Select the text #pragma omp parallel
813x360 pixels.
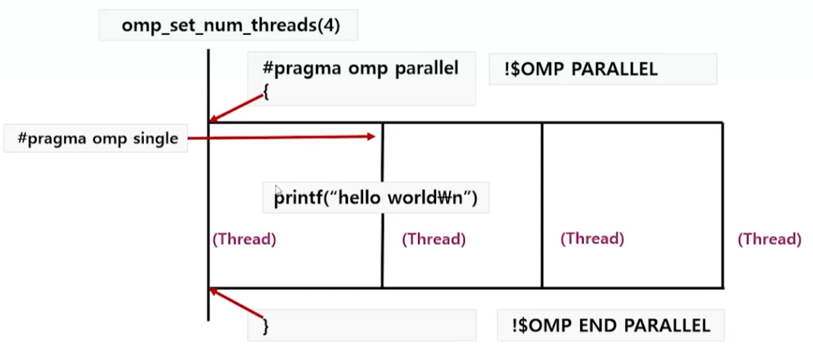(x=360, y=68)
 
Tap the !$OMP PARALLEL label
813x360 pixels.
(x=581, y=69)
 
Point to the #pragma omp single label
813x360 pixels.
(x=97, y=139)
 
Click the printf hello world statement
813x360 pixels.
(x=375, y=199)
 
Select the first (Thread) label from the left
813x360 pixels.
(x=244, y=239)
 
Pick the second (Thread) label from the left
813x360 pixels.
(x=434, y=239)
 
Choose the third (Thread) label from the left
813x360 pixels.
(x=592, y=238)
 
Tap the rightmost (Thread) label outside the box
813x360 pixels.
(x=770, y=239)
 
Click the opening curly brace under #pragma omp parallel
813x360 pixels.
(x=266, y=91)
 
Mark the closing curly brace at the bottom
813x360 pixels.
(x=266, y=326)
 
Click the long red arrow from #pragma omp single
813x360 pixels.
(x=282, y=138)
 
